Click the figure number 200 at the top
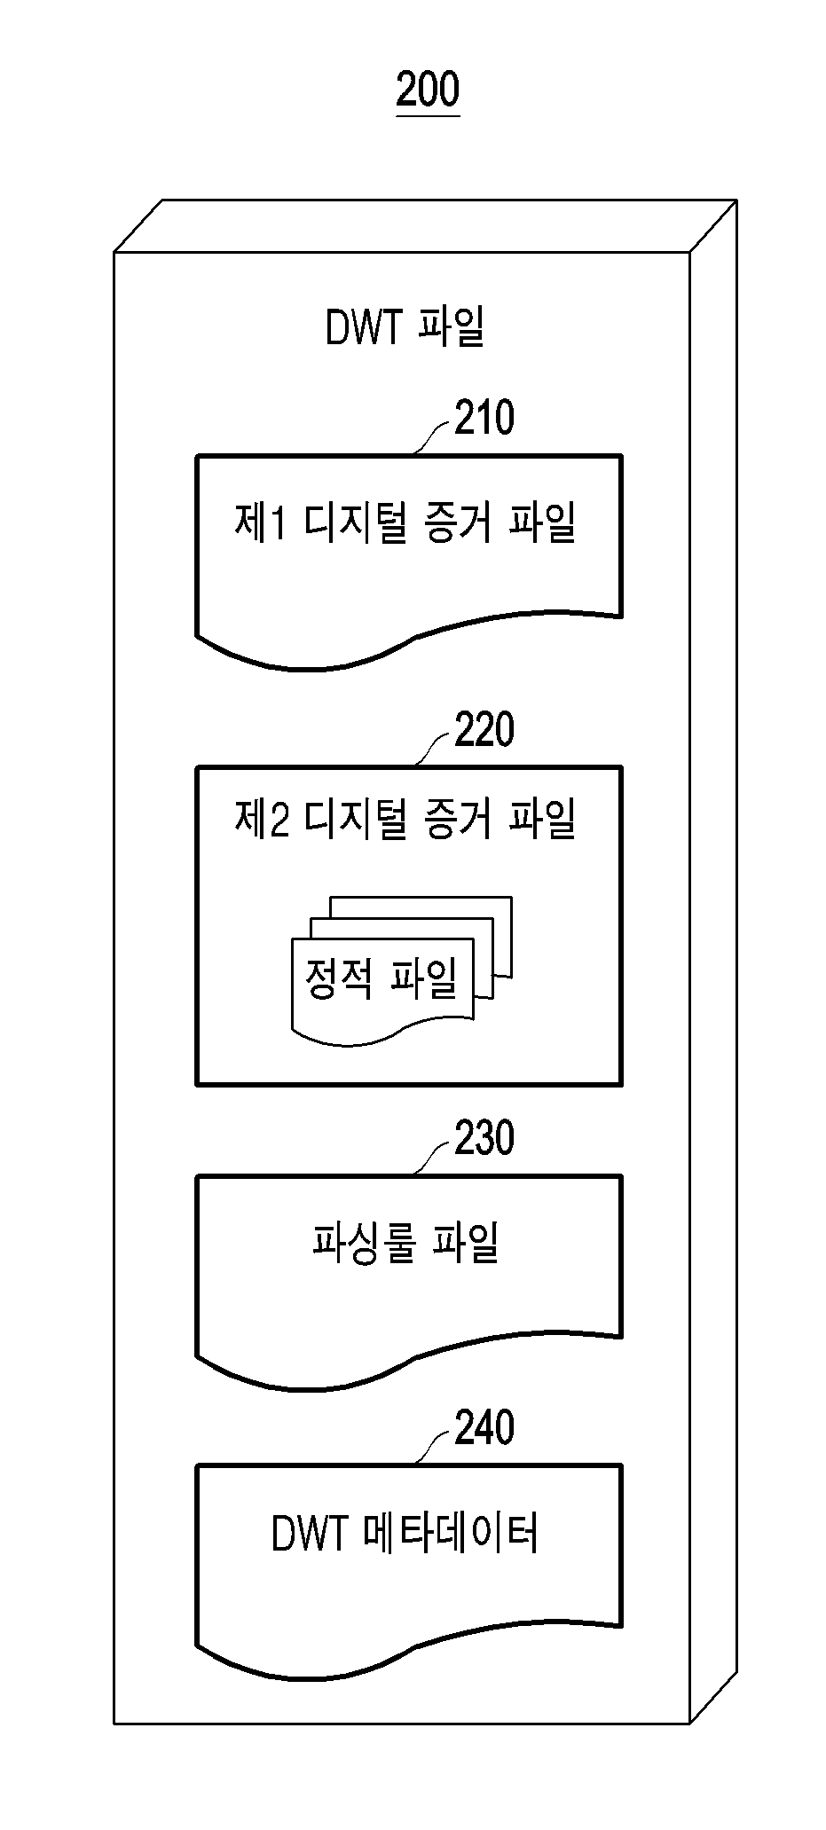tap(428, 90)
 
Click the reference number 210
tap(484, 419)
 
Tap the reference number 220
tap(484, 730)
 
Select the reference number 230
tap(484, 1138)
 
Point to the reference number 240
tap(484, 1428)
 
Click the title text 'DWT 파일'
tap(405, 327)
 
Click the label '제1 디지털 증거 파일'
tap(405, 522)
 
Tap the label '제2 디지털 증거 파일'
tap(405, 819)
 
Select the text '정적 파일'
tap(382, 978)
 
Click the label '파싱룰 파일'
tap(405, 1242)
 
